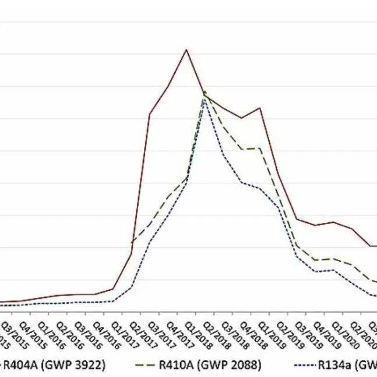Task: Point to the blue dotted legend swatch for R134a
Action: (x=302, y=365)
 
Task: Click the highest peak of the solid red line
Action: (x=186, y=49)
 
